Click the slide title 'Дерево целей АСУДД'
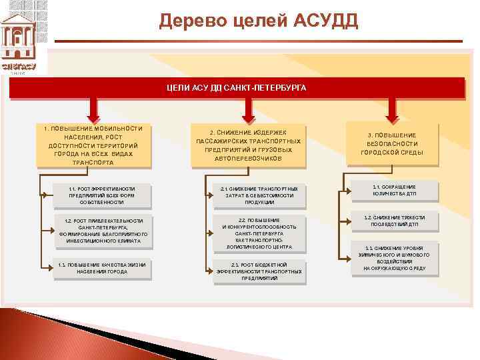(x=259, y=21)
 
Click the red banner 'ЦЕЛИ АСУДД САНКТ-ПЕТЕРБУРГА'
(x=237, y=88)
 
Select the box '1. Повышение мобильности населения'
(x=93, y=145)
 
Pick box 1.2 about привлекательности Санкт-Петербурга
(x=101, y=231)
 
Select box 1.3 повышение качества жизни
(x=101, y=268)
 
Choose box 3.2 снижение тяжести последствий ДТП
(x=395, y=221)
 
